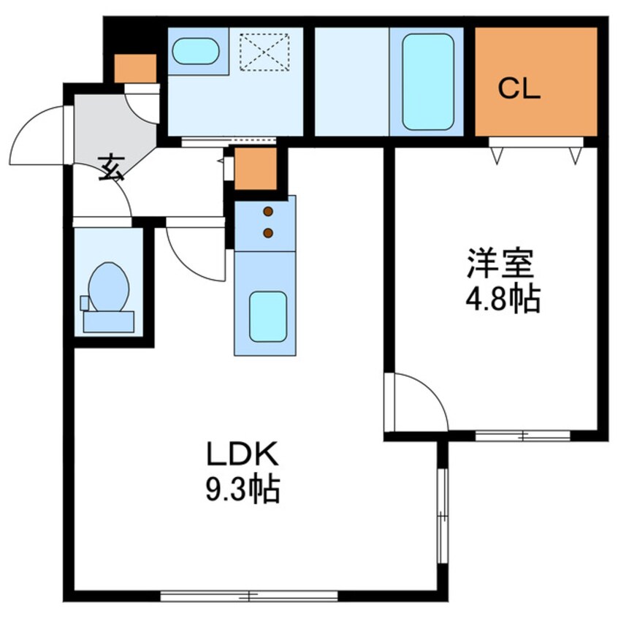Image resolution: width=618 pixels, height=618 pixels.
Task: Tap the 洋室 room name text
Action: [x=501, y=263]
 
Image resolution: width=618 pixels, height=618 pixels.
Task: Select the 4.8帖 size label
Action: [x=503, y=300]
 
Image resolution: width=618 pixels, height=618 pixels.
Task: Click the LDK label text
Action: [x=243, y=454]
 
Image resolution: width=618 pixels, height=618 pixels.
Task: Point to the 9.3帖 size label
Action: [x=243, y=489]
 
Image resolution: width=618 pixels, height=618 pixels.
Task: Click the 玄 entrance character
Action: [x=111, y=168]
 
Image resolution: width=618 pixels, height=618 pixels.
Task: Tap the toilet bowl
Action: [x=109, y=286]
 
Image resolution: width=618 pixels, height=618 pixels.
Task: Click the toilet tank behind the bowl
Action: [x=108, y=321]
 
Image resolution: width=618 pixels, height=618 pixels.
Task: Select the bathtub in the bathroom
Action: [x=427, y=82]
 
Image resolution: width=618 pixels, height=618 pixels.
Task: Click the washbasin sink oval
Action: [x=196, y=51]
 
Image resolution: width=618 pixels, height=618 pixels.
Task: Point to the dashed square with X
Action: [x=264, y=53]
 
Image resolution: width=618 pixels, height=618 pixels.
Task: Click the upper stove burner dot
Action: [x=268, y=212]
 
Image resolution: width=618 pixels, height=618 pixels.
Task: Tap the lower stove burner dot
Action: [x=268, y=233]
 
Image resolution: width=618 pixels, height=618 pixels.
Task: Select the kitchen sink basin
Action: [x=268, y=316]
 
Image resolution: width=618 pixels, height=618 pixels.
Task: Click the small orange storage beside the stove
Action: [x=256, y=169]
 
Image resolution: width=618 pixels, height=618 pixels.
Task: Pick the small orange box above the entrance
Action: [x=135, y=69]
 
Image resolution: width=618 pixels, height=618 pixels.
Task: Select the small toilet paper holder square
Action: [x=85, y=302]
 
